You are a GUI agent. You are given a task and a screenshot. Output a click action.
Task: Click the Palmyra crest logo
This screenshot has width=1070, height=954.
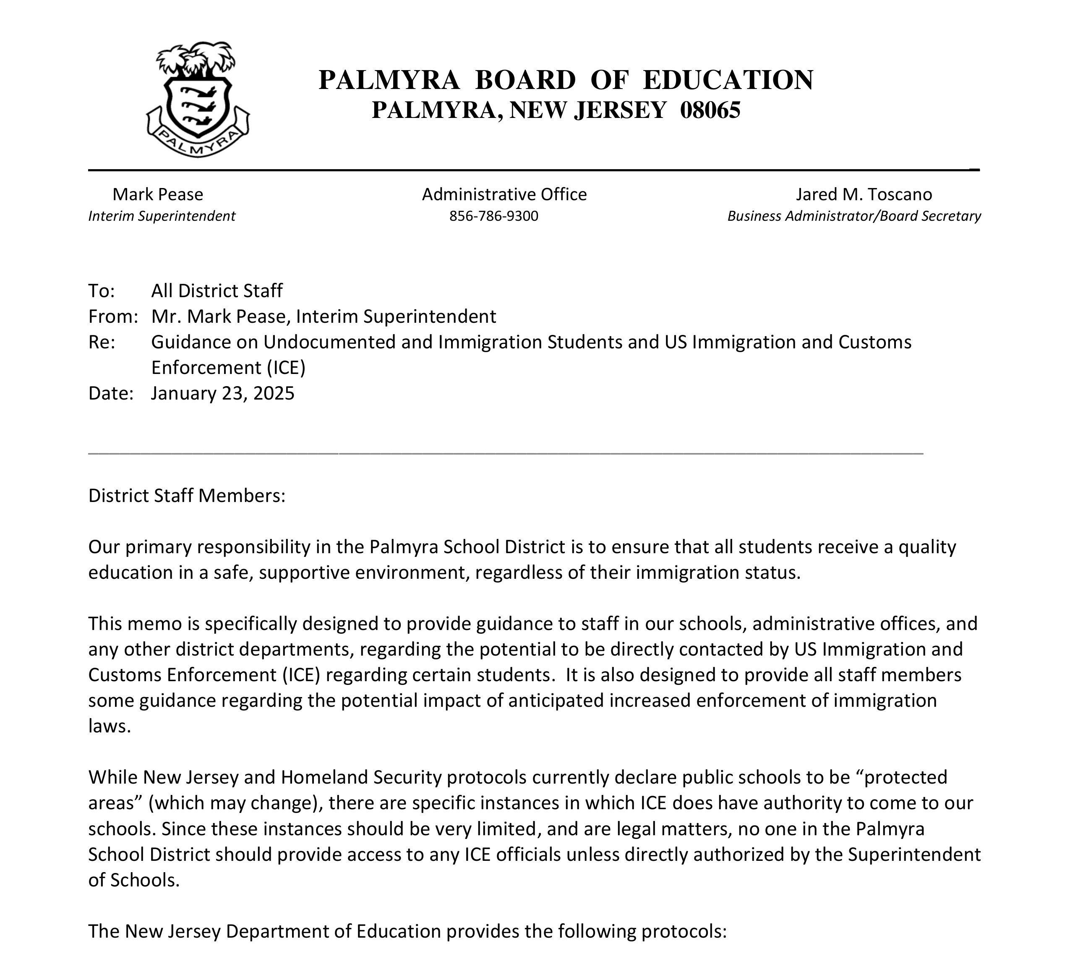point(198,99)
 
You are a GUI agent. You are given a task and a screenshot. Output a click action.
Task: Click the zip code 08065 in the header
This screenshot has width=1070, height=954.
point(710,110)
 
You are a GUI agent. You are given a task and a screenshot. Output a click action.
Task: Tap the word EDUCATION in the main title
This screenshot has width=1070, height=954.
point(728,80)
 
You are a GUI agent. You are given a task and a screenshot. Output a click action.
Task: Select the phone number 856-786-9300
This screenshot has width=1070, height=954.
point(493,217)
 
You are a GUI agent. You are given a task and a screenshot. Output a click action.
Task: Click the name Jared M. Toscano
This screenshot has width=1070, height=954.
point(864,194)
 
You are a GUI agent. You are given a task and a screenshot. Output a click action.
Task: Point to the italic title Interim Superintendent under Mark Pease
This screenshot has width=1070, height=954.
point(162,217)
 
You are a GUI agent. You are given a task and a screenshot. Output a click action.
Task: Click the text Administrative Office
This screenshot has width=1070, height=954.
point(504,194)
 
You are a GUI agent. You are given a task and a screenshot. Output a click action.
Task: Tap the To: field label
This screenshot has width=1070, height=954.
point(101,291)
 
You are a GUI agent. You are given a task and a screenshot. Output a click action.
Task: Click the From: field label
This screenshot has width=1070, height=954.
point(112,316)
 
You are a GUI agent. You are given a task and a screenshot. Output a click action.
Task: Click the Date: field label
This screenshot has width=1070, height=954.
point(111,393)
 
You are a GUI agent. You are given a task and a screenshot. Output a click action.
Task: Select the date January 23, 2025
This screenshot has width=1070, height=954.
point(223,393)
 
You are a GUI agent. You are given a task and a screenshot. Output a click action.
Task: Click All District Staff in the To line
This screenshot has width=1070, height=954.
point(217,291)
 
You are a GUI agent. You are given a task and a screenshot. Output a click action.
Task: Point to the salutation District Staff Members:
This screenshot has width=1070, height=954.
point(187,495)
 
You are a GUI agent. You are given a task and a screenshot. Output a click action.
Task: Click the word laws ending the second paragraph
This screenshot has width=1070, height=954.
point(109,726)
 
